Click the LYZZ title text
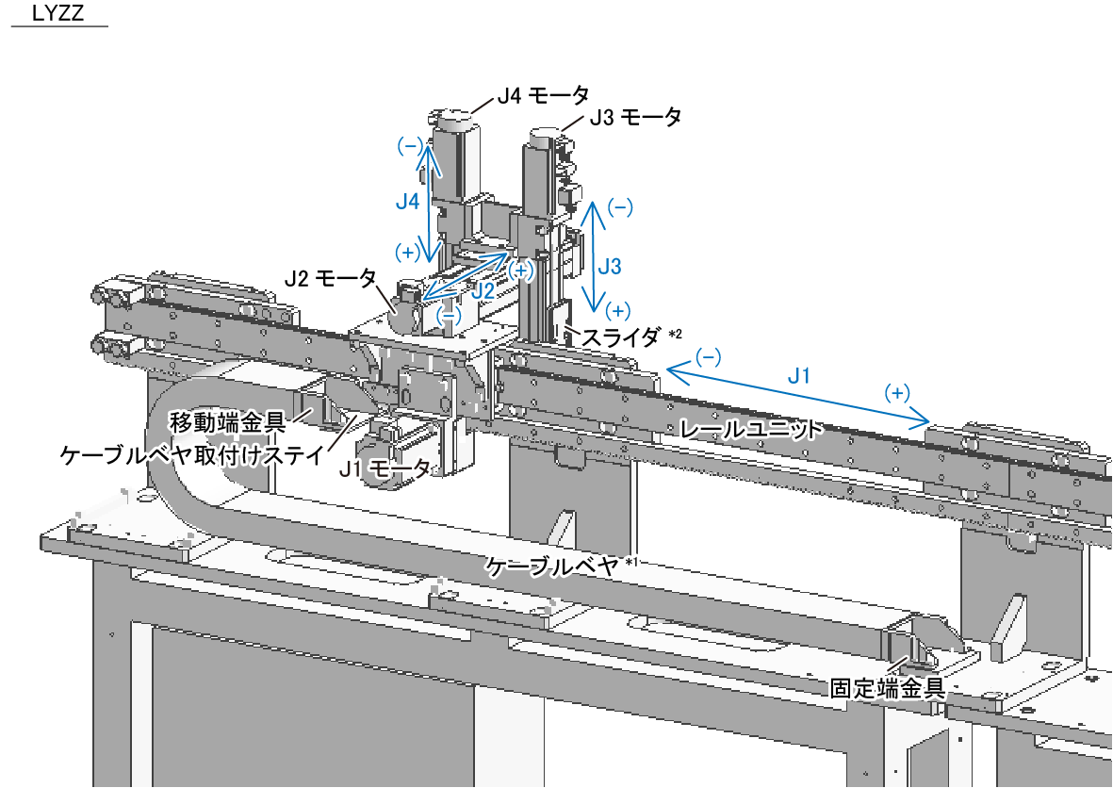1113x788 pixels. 58,12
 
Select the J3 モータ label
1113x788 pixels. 635,117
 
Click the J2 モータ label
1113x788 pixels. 330,277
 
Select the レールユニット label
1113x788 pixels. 751,429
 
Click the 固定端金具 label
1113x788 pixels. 887,687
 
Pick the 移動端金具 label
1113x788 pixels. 227,423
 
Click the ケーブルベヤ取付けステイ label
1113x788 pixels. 192,454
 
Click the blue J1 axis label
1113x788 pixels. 799,375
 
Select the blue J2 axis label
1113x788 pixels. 483,290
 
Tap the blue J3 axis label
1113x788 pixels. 609,266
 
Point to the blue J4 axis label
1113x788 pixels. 407,203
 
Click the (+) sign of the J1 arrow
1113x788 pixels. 897,392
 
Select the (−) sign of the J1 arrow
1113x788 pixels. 709,356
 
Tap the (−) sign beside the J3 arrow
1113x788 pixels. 620,207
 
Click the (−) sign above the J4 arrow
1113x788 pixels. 410,146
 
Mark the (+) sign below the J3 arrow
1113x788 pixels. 617,310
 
